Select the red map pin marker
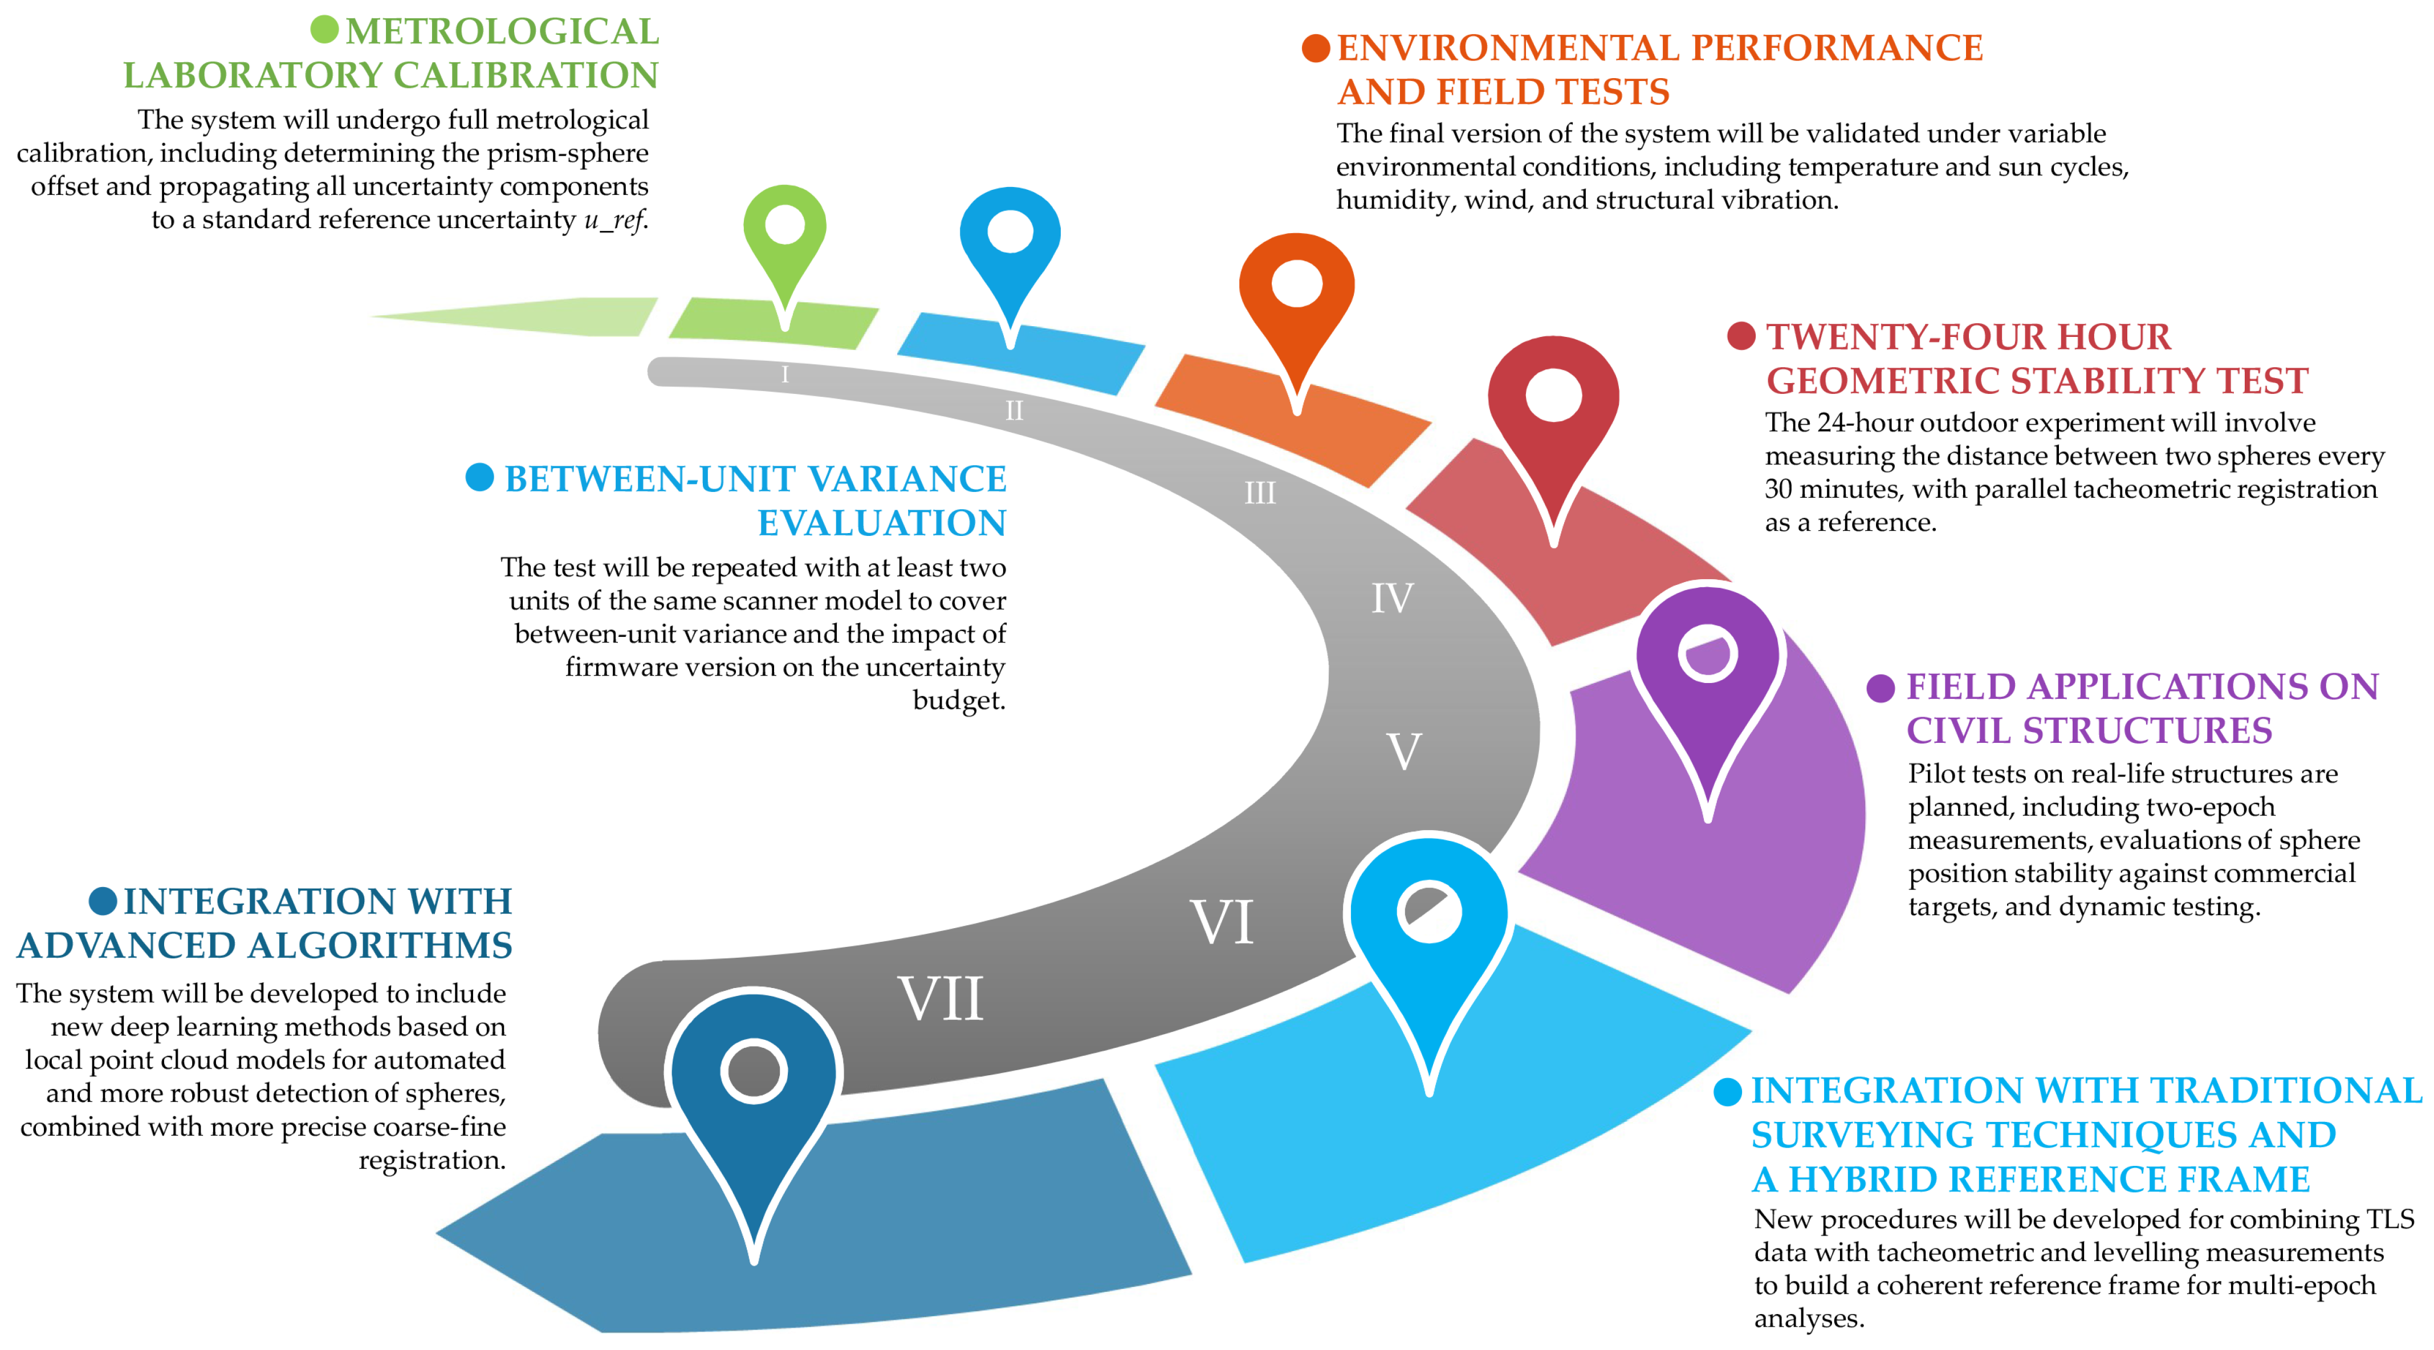coord(1553,401)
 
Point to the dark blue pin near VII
coord(753,1077)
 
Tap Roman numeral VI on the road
coord(1221,921)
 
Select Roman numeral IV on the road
coord(1392,598)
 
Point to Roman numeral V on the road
coord(1404,752)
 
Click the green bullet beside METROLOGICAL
coord(324,29)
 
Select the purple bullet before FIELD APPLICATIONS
coord(1881,688)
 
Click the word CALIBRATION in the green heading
coord(526,76)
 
